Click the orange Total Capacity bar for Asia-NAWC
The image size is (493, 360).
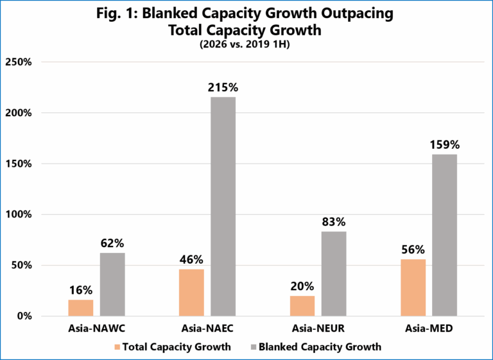(x=81, y=308)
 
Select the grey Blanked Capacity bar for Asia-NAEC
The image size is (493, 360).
(x=223, y=207)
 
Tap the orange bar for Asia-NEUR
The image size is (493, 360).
(x=302, y=306)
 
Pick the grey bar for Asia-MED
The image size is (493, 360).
(x=445, y=235)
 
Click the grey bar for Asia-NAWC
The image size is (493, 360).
(x=112, y=284)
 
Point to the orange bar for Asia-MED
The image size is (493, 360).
(x=413, y=287)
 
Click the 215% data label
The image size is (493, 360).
(x=223, y=88)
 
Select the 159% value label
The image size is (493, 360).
(x=445, y=145)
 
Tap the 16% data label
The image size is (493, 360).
(x=81, y=290)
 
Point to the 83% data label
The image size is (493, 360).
(x=334, y=222)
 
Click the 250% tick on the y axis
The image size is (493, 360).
(x=19, y=62)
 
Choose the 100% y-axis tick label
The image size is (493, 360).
(x=19, y=215)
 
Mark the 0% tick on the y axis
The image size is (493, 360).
(x=24, y=316)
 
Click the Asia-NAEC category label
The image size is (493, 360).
(x=207, y=329)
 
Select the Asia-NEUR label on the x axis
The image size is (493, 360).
(x=318, y=329)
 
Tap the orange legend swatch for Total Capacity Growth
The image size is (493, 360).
(x=117, y=347)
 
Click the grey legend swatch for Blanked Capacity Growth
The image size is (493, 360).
(x=254, y=347)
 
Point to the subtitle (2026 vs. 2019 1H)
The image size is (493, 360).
(x=245, y=45)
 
